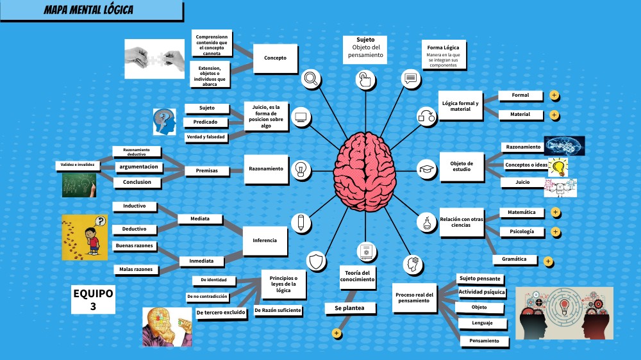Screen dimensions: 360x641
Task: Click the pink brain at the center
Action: coord(365,170)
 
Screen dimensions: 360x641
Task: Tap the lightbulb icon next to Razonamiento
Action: coord(301,169)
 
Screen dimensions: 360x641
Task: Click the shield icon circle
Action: coord(317,261)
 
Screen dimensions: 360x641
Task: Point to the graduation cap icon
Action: coord(426,169)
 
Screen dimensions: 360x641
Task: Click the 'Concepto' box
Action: coord(275,58)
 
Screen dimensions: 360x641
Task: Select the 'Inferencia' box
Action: coord(265,241)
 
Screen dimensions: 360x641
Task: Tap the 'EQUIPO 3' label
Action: coord(93,300)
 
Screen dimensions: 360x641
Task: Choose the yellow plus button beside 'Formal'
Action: coord(554,95)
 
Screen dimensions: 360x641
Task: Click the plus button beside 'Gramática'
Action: coord(548,261)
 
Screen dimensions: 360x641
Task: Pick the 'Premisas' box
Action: coord(206,171)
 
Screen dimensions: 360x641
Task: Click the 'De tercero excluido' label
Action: coord(221,313)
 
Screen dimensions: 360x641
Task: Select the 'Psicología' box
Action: coord(521,231)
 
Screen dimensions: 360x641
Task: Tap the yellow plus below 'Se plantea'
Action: coord(336,333)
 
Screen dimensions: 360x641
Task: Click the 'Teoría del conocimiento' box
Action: coord(357,276)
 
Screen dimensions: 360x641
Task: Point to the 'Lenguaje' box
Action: coord(481,323)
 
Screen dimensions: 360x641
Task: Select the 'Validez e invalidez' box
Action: coord(78,165)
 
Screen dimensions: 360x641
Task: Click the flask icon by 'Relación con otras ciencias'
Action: coord(426,224)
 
